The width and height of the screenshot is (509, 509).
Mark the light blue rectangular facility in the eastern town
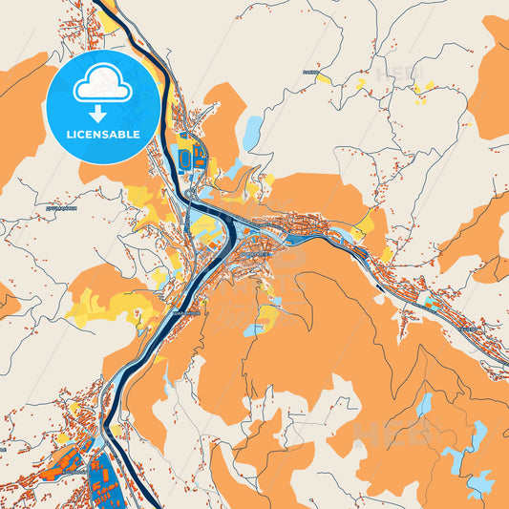coord(430,303)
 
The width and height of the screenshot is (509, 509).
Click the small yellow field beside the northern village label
coord(324,77)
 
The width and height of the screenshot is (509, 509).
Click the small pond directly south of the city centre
coord(252,330)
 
